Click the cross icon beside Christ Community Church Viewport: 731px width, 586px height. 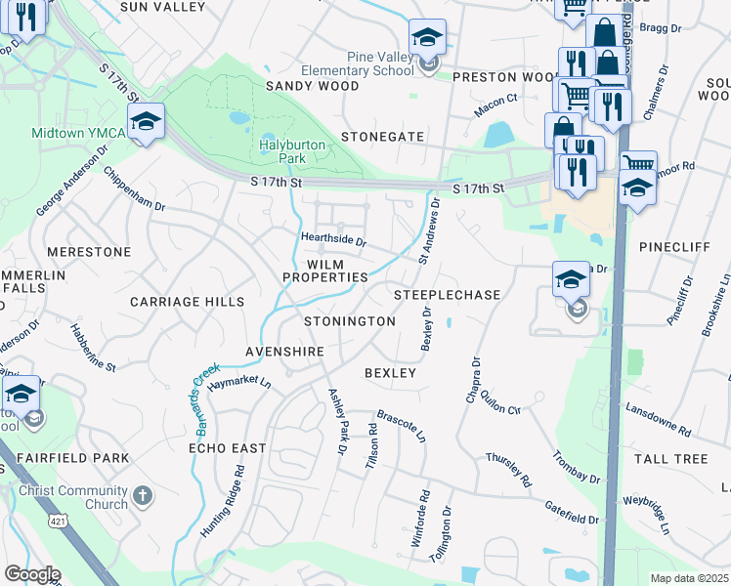tap(144, 495)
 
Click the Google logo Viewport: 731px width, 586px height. tap(32, 574)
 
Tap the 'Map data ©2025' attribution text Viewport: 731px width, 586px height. tap(689, 578)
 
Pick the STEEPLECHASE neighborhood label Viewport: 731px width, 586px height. tap(447, 294)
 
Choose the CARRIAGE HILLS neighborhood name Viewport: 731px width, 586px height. tap(188, 302)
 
